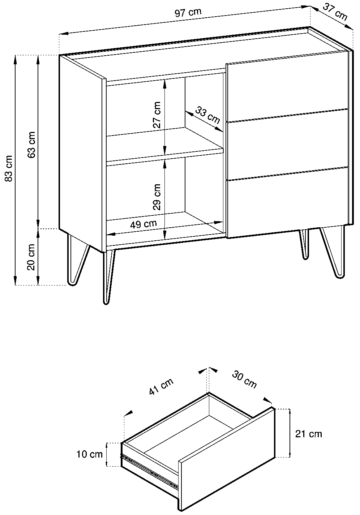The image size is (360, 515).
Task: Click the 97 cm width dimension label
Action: (188, 13)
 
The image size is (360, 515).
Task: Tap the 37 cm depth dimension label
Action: (335, 12)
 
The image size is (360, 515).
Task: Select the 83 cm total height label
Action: (9, 168)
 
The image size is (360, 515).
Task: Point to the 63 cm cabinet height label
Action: (31, 145)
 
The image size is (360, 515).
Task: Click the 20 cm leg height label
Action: (31, 257)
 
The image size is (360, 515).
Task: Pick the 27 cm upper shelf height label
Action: (157, 115)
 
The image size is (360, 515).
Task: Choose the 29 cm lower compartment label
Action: (157, 197)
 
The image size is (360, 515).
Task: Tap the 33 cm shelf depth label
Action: (207, 115)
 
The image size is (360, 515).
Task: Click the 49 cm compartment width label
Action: (143, 224)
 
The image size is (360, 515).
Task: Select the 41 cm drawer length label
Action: (161, 386)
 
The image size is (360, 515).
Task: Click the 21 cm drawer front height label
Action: (309, 434)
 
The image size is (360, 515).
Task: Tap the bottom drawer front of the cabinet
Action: (287, 202)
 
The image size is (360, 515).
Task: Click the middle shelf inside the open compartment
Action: (164, 145)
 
